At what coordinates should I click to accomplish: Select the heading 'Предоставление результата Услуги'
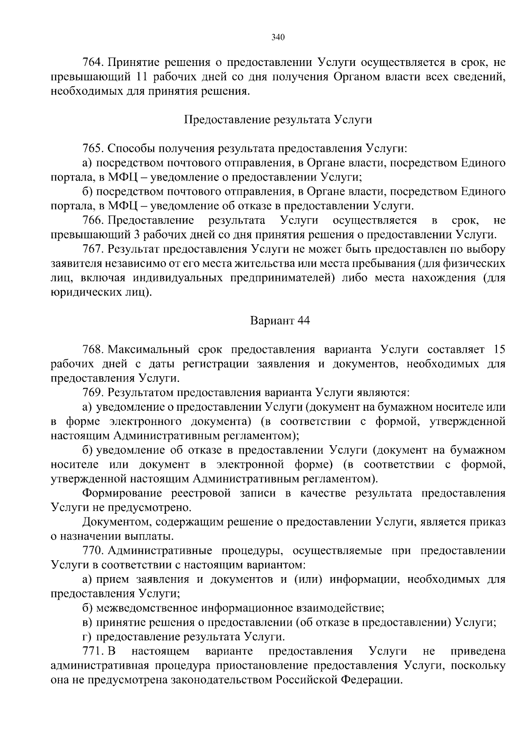[x=277, y=120]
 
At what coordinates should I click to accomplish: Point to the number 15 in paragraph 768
[x=499, y=350]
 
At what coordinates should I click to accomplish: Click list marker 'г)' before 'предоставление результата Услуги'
[x=87, y=637]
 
